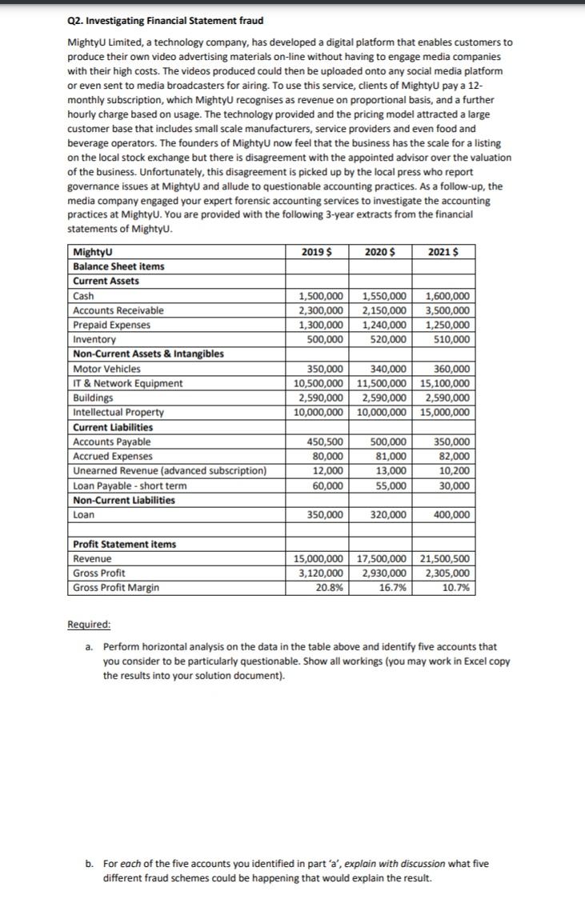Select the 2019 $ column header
click(x=317, y=252)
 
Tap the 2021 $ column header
click(x=443, y=252)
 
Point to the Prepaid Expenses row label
click(x=110, y=325)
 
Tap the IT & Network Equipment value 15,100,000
click(x=444, y=383)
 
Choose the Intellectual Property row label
click(x=118, y=413)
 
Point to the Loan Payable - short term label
click(x=130, y=485)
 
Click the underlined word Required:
click(x=90, y=625)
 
